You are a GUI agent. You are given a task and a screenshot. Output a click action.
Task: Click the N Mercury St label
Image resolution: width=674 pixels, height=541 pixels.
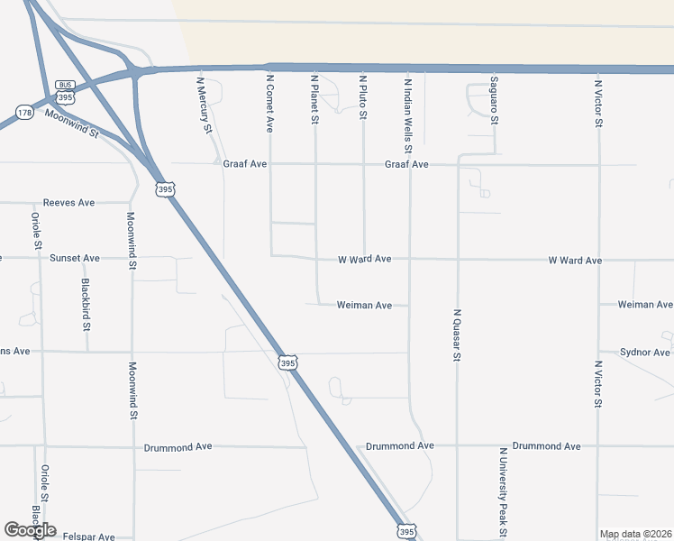pos(205,104)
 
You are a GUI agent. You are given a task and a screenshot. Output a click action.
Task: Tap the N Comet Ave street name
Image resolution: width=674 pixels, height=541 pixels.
pos(269,104)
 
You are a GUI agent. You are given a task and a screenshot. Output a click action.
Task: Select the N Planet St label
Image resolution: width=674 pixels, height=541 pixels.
pos(314,98)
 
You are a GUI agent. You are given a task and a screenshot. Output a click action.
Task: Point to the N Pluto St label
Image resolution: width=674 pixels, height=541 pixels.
pos(363,96)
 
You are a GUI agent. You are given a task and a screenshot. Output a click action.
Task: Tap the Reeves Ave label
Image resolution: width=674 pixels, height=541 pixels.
pos(68,204)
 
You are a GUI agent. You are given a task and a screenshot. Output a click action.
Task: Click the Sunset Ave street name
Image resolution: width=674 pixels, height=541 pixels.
pos(74,258)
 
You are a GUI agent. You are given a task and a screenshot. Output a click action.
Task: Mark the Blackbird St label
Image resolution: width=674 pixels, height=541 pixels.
pos(86,302)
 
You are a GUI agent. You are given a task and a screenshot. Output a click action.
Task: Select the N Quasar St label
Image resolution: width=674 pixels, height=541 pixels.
pos(457,335)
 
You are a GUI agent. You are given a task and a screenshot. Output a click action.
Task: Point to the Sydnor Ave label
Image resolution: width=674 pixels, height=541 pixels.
pos(645,353)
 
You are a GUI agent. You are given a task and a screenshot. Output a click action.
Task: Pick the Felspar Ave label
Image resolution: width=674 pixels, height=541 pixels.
pos(89,536)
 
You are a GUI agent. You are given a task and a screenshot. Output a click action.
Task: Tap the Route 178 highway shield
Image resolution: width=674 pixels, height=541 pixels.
pos(24,113)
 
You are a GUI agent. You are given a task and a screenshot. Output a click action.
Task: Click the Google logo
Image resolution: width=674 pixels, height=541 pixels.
pos(30,530)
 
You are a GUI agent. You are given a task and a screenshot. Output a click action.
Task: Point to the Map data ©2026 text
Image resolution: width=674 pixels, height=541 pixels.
pos(634,534)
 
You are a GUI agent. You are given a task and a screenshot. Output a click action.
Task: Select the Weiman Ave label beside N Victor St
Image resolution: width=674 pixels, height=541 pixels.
pos(644,305)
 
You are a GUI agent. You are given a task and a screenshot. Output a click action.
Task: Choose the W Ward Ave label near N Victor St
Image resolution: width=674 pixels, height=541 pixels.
pos(575,261)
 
